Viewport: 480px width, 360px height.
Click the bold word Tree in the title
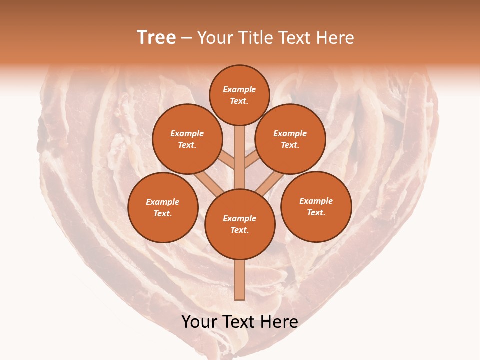pos(156,37)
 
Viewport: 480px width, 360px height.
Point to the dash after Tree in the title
pos(187,38)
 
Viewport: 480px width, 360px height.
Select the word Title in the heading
pos(255,37)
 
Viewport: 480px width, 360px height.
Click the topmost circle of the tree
pos(239,95)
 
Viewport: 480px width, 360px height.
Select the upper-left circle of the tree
pos(187,139)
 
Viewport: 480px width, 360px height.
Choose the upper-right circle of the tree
pos(290,139)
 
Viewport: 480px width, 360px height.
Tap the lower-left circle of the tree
pos(163,207)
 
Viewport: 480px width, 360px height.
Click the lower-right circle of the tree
pos(316,206)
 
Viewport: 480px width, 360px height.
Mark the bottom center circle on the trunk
pos(240,224)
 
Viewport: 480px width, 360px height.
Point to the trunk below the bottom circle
pos(240,280)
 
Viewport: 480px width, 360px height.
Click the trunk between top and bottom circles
pos(240,157)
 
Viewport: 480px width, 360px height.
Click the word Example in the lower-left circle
pos(162,202)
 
